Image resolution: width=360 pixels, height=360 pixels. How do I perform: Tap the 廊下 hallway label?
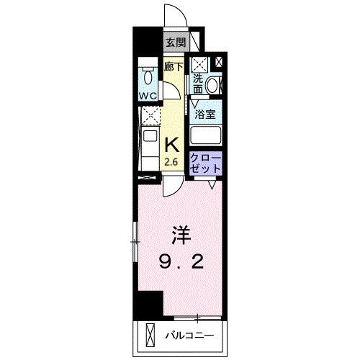click(173, 66)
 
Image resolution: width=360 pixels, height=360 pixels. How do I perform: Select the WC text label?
click(148, 94)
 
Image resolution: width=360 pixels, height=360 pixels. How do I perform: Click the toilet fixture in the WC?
click(148, 76)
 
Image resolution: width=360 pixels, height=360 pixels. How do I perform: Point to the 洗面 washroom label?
click(198, 84)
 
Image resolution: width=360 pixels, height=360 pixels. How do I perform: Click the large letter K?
click(173, 145)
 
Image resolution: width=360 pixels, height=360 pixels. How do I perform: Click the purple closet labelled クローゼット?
click(207, 163)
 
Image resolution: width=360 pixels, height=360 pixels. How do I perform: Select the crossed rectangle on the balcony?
click(150, 336)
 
